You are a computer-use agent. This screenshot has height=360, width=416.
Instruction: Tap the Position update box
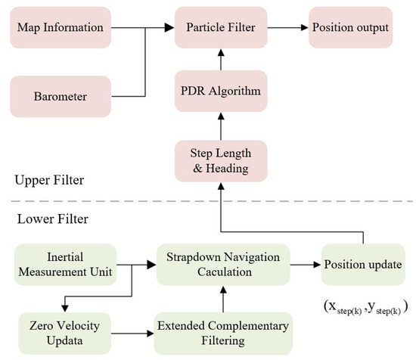pos(362,264)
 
